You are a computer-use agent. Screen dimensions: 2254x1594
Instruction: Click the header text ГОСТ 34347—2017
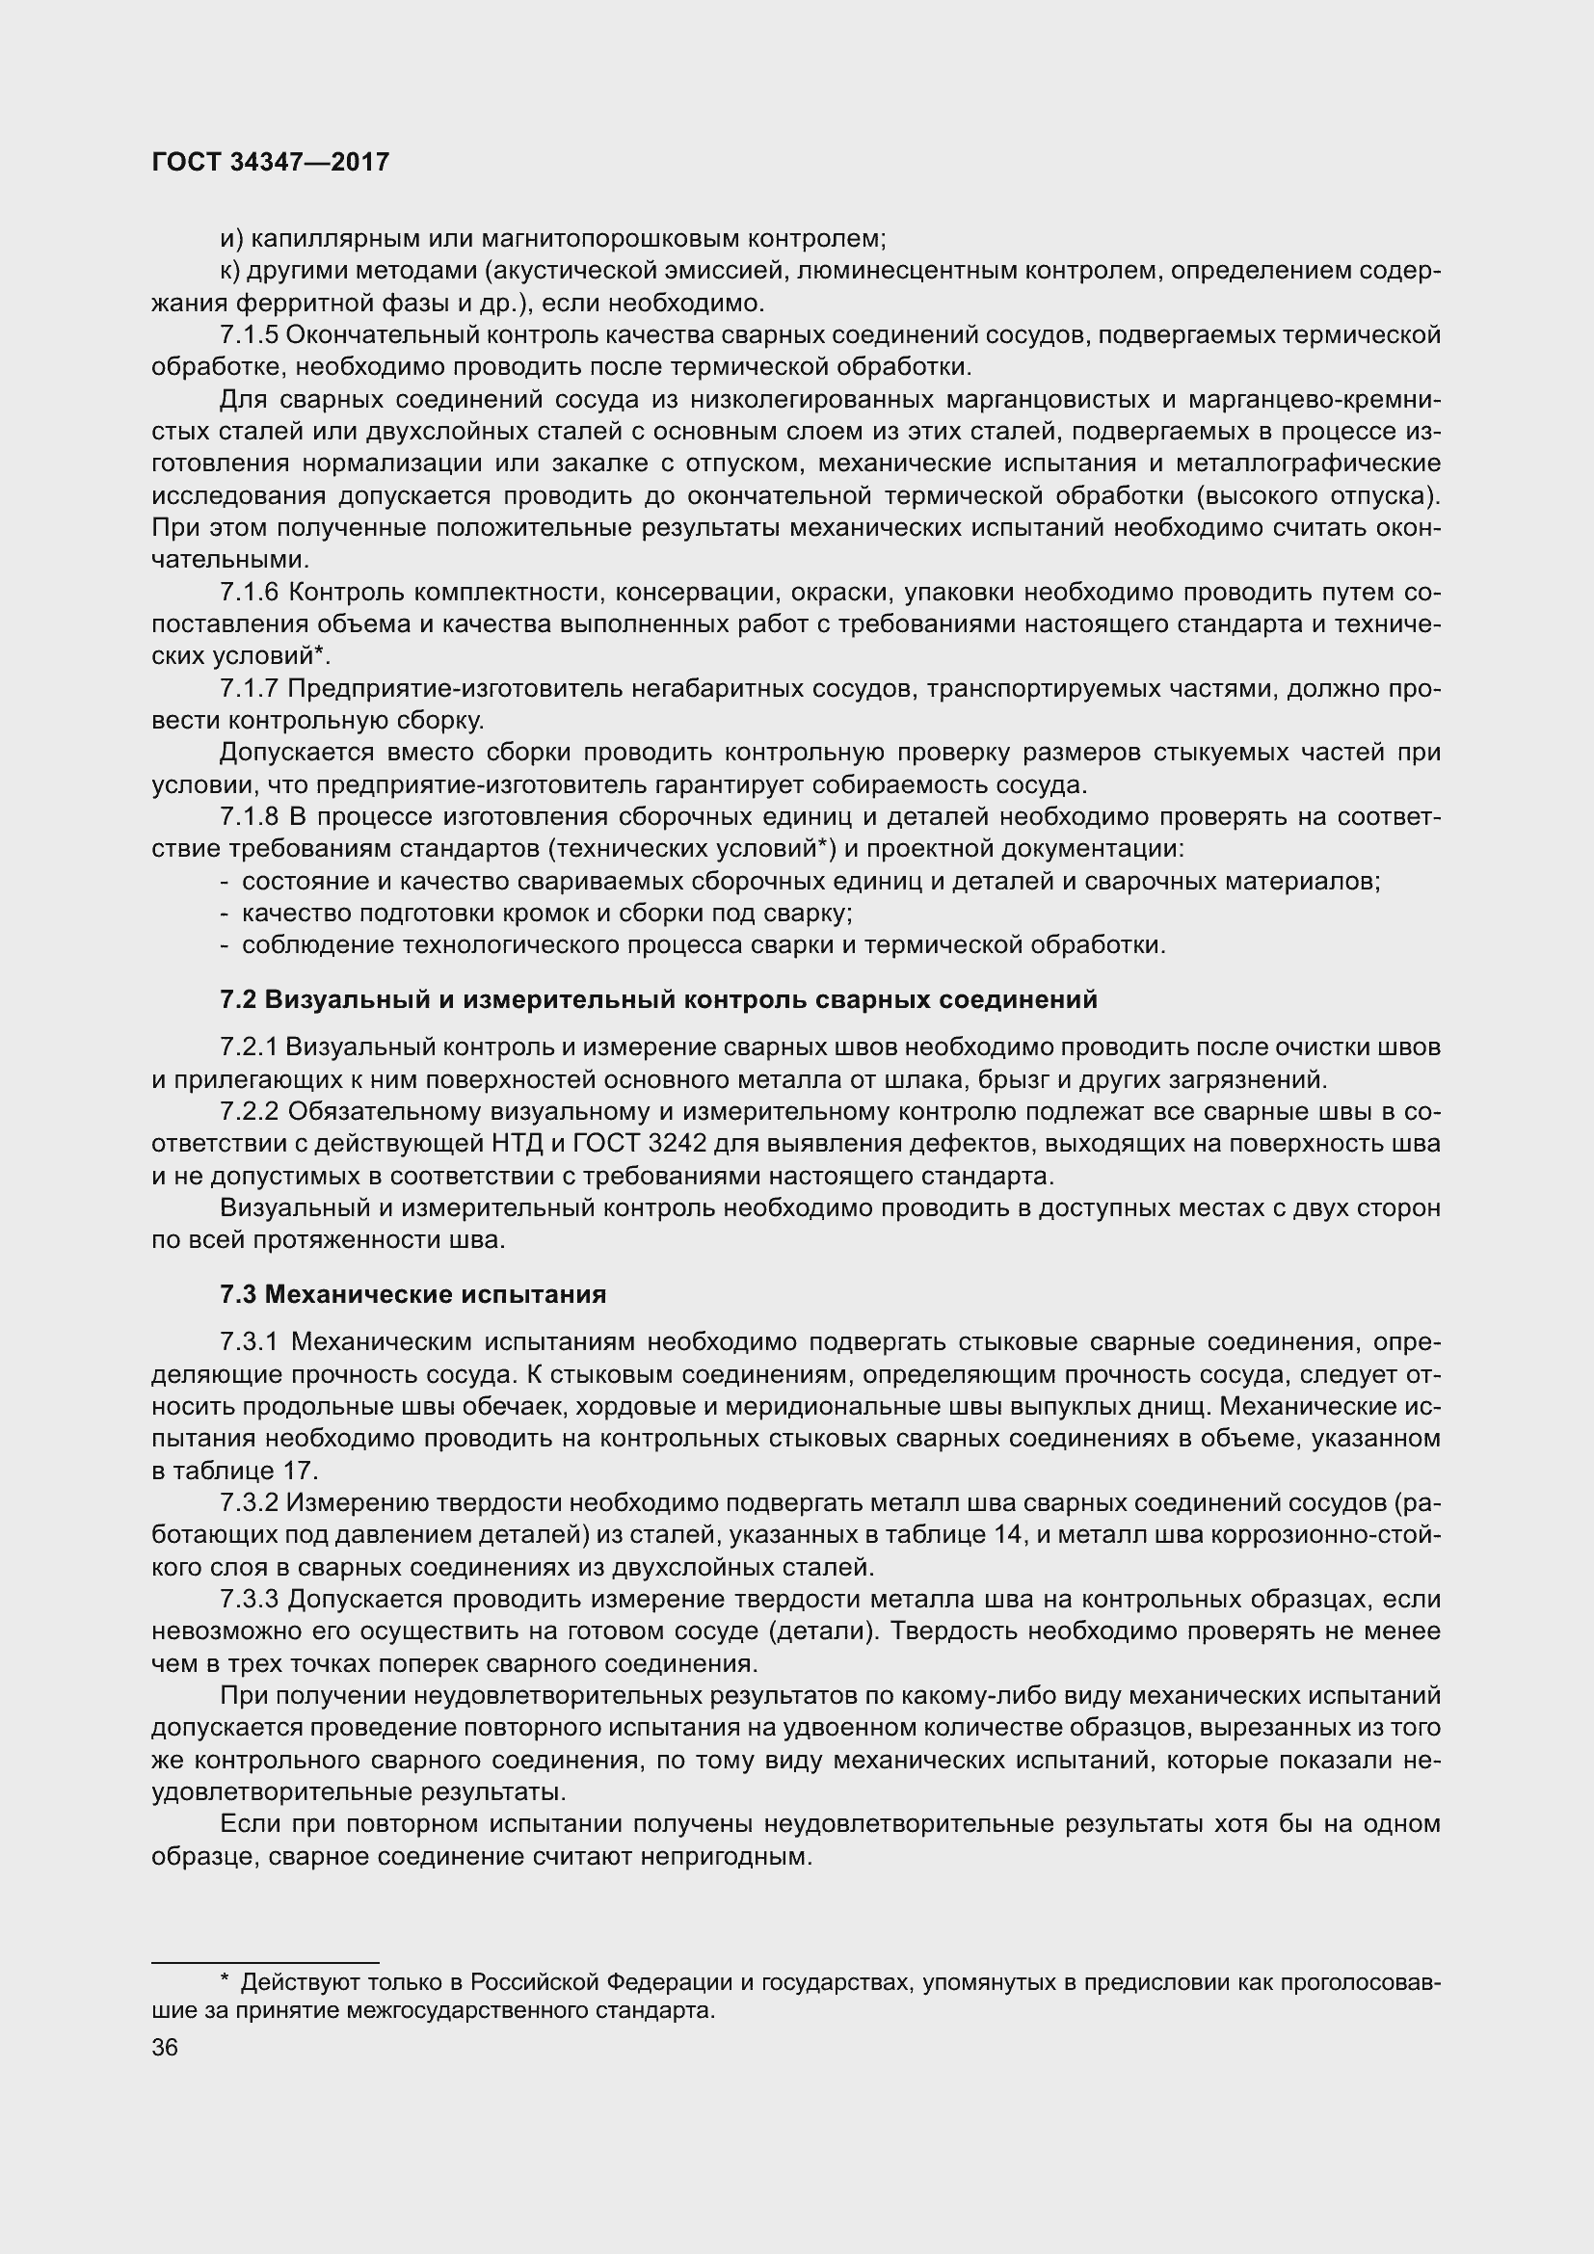pyautogui.click(x=271, y=162)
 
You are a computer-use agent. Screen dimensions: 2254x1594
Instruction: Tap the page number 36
pyautogui.click(x=165, y=2047)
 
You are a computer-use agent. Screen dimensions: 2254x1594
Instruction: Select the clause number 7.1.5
pyautogui.click(x=250, y=335)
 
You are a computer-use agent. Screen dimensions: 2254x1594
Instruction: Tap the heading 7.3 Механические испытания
pyautogui.click(x=412, y=1294)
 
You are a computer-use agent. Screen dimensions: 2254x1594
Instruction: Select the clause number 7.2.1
pyautogui.click(x=250, y=1047)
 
